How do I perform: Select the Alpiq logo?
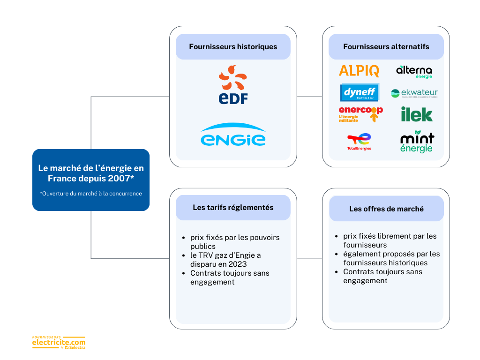pyautogui.click(x=359, y=71)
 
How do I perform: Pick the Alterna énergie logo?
pyautogui.click(x=414, y=71)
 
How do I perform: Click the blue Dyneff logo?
pyautogui.click(x=360, y=92)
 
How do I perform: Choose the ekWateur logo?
pyautogui.click(x=414, y=93)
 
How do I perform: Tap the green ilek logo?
pyautogui.click(x=416, y=114)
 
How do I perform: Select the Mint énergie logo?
pyautogui.click(x=417, y=142)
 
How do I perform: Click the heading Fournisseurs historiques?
pyautogui.click(x=233, y=47)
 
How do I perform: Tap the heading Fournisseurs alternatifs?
pyautogui.click(x=386, y=47)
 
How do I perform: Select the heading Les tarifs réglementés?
pyautogui.click(x=233, y=207)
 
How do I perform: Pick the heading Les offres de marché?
pyautogui.click(x=386, y=209)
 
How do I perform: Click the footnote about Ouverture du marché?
pyautogui.click(x=91, y=194)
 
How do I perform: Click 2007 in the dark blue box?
pyautogui.click(x=121, y=179)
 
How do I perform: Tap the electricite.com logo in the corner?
pyautogui.click(x=59, y=343)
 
